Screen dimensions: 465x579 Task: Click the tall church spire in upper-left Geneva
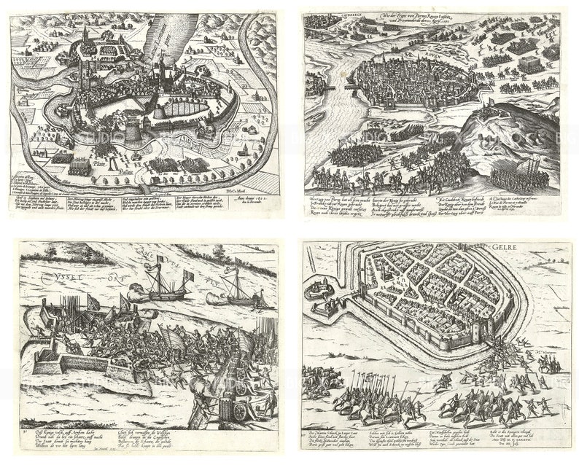85,36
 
